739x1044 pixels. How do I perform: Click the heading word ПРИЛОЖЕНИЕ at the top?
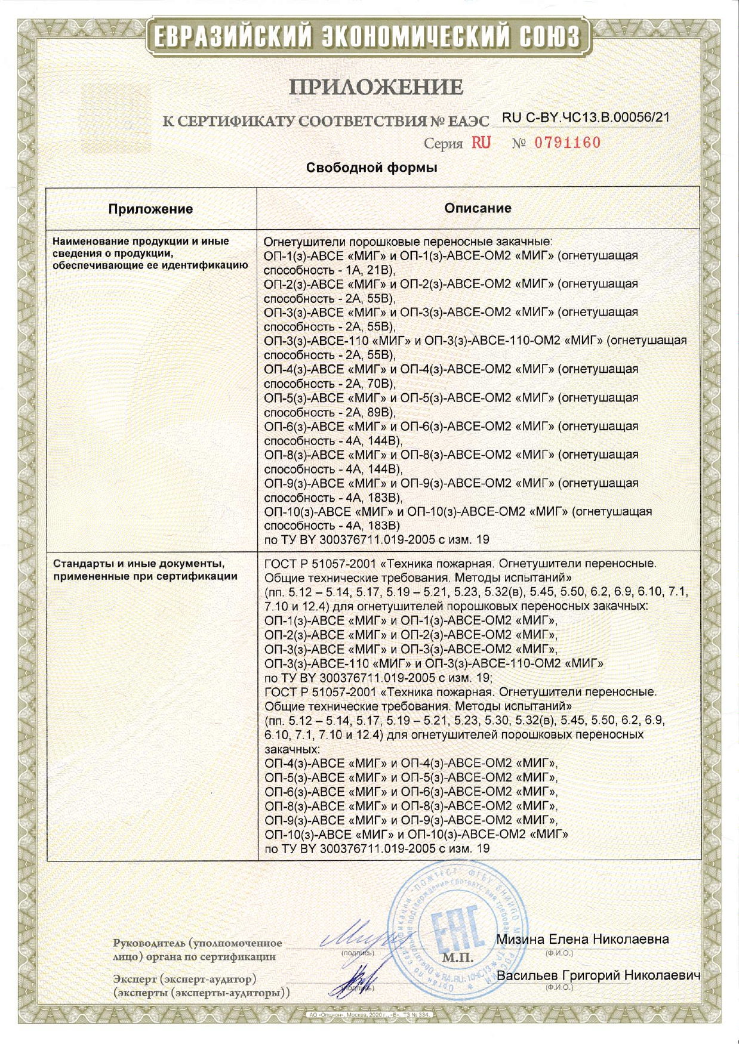[x=376, y=88]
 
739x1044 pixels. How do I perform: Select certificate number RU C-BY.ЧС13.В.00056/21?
[x=586, y=118]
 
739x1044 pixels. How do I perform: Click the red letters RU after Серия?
[x=482, y=143]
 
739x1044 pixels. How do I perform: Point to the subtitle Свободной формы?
[x=371, y=168]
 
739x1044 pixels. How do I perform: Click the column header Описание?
[x=478, y=208]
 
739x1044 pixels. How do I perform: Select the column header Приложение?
[x=150, y=209]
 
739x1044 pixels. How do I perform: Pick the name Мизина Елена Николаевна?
[x=582, y=939]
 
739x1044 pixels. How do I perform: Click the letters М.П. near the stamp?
[x=458, y=959]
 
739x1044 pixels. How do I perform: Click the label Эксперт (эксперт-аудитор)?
[x=185, y=980]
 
